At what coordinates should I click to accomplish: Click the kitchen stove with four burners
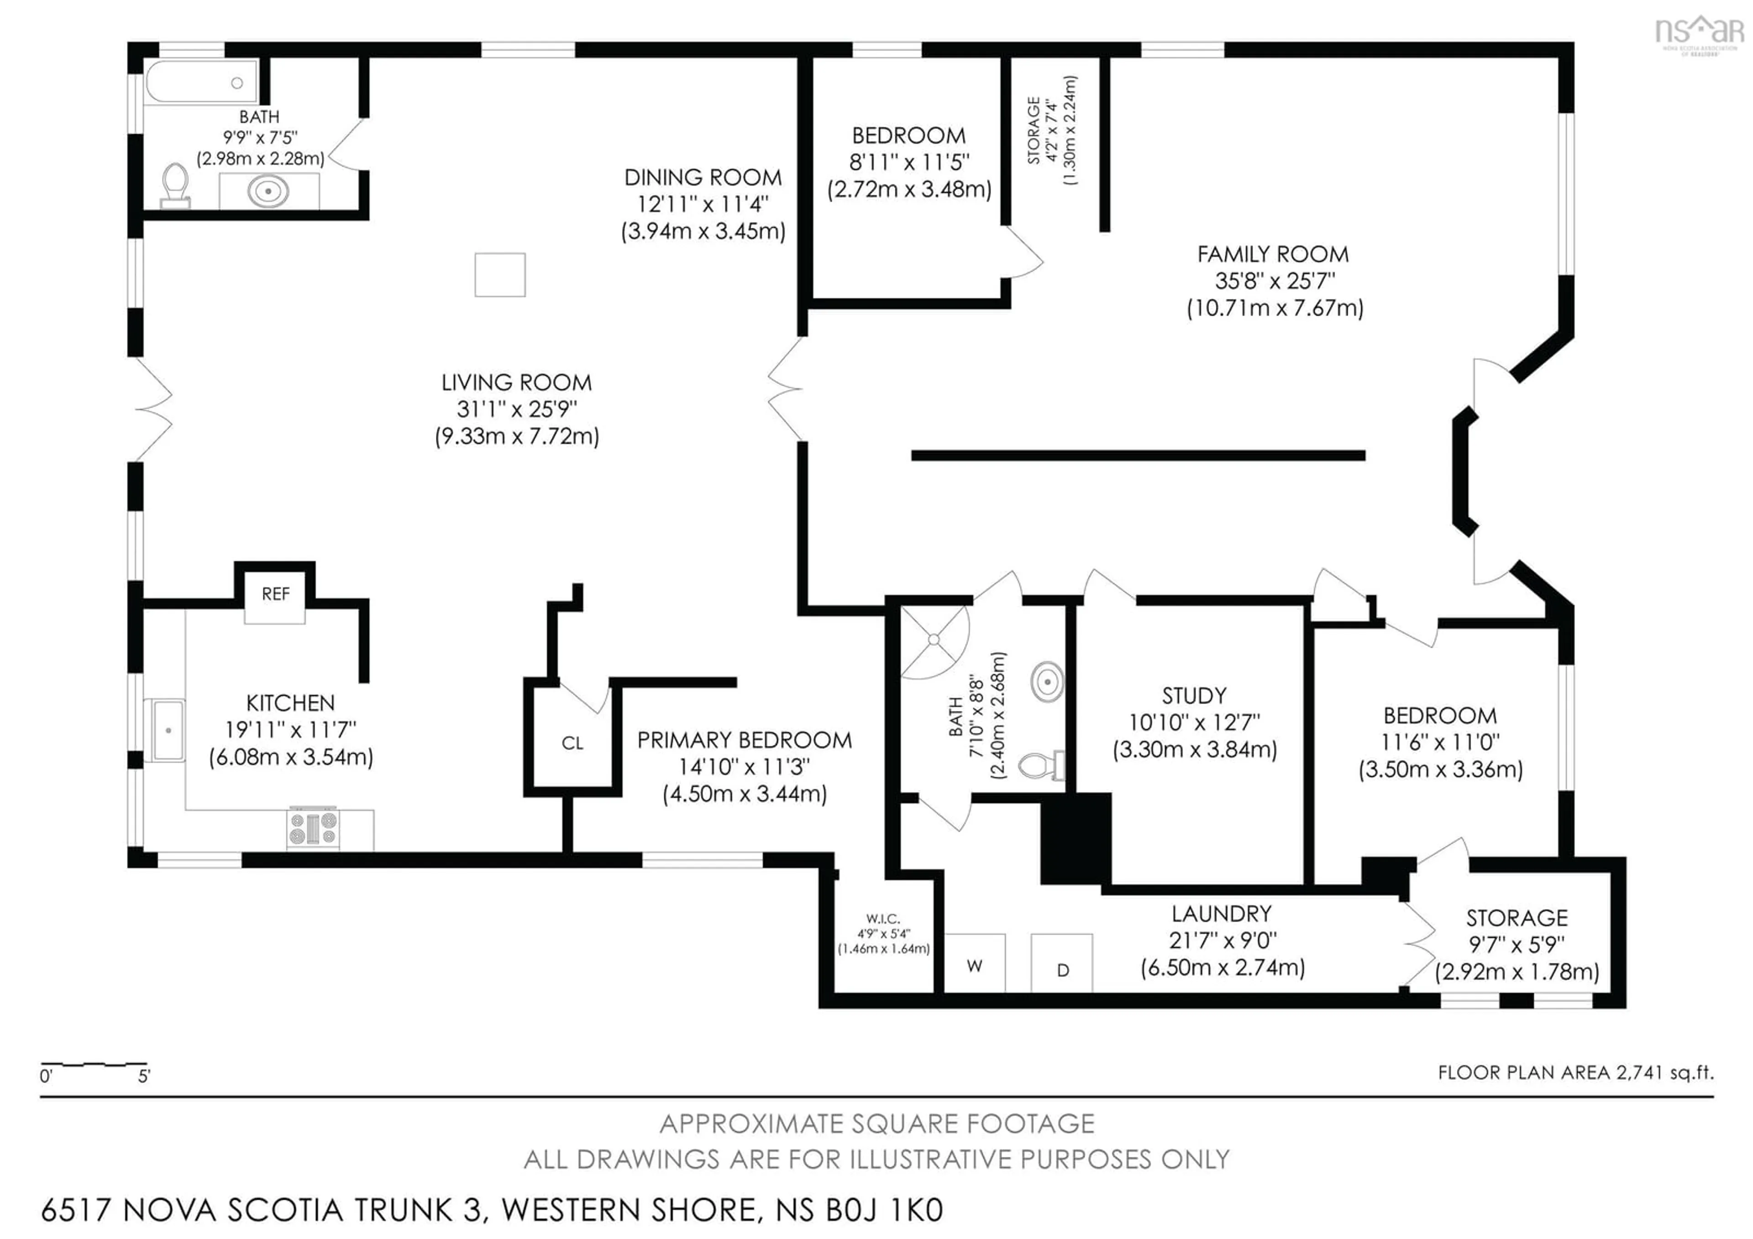(313, 828)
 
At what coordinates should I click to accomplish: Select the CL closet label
(572, 743)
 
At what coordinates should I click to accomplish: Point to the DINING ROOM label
(703, 178)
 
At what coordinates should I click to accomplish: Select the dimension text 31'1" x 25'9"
(517, 409)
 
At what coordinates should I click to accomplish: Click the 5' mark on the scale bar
(144, 1076)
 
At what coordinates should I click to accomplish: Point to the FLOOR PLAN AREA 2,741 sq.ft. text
(1575, 1072)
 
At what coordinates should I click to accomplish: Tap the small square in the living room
(500, 275)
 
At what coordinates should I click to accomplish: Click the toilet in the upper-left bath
(176, 183)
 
